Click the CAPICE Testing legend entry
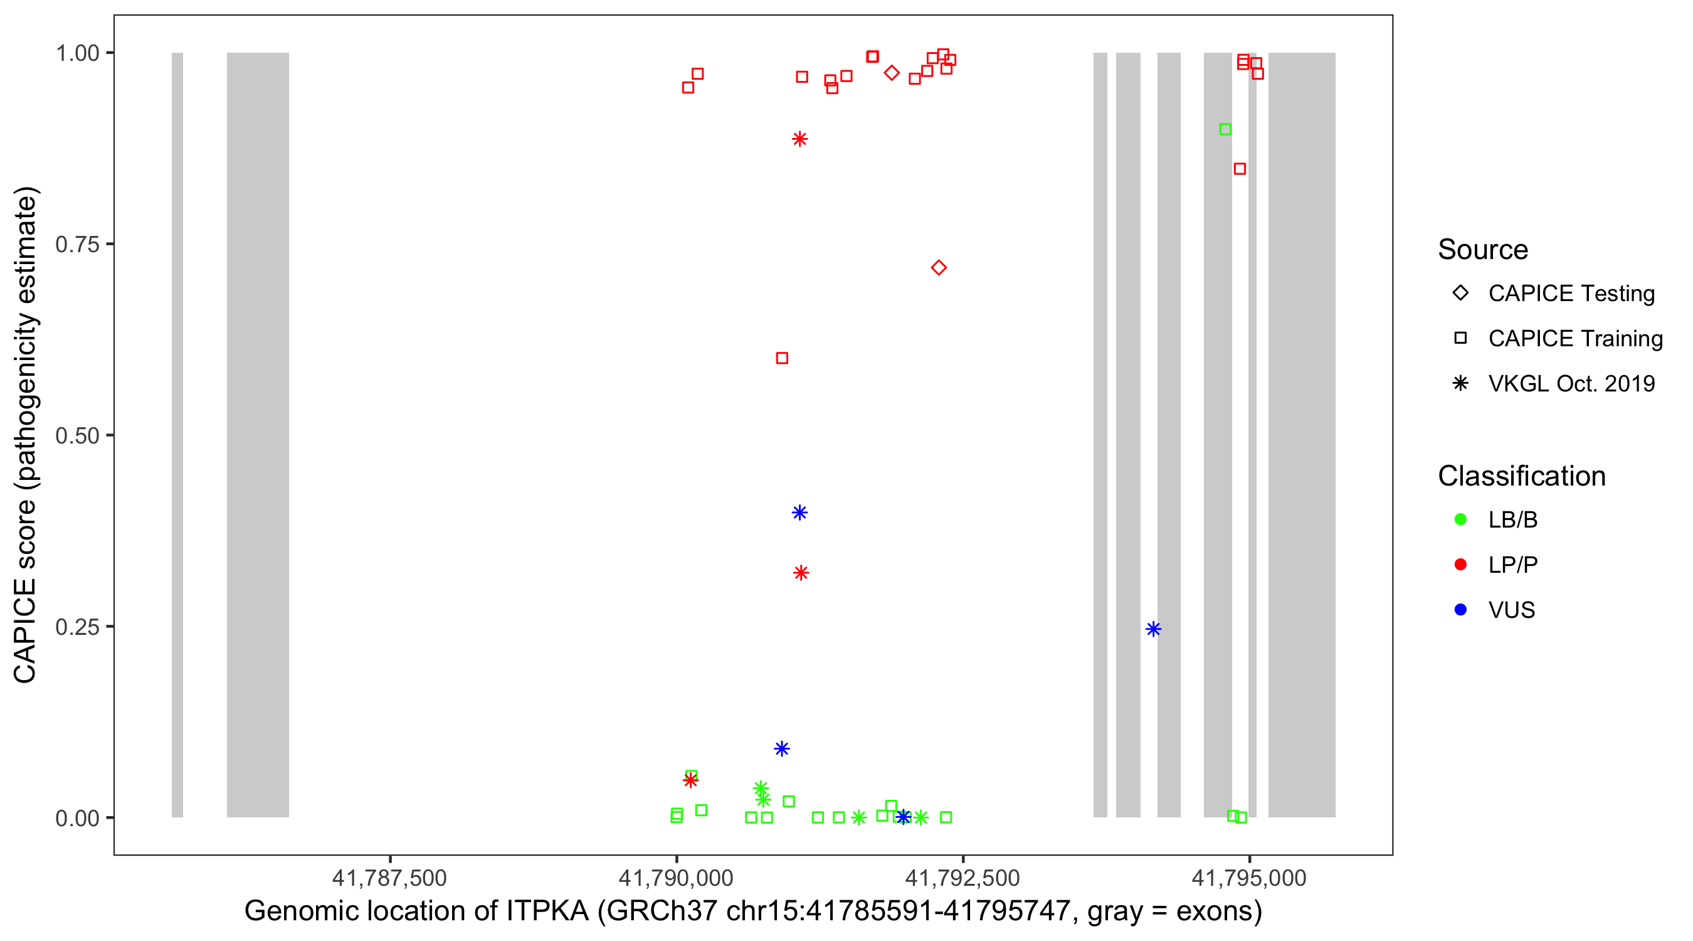tap(1571, 294)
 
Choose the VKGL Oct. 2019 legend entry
tap(1571, 383)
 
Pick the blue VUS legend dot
tap(1460, 610)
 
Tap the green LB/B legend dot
tap(1460, 519)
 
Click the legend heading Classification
tap(1521, 476)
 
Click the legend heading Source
tap(1483, 250)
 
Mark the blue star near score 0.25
tap(1152, 629)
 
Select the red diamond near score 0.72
tap(939, 268)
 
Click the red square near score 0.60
tap(782, 358)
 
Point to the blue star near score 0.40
tap(799, 513)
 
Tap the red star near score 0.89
tap(799, 139)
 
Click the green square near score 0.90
tap(1225, 129)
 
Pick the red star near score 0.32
tap(801, 573)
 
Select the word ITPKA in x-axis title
tap(547, 912)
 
